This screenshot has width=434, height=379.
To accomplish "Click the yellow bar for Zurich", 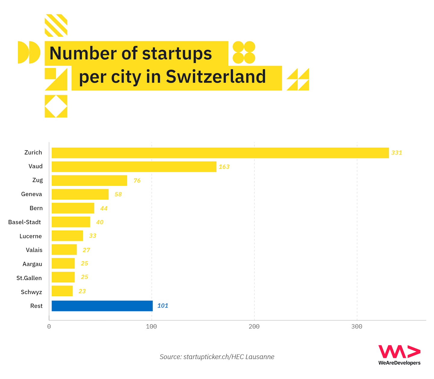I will tap(220, 153).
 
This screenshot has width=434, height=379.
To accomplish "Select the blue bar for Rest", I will tap(102, 306).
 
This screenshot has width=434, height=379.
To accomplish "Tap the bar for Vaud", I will tap(134, 167).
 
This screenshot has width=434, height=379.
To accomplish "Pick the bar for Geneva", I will tap(80, 194).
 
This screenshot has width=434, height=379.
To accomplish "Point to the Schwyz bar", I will tap(62, 291).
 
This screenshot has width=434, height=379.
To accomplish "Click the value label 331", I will tap(397, 153).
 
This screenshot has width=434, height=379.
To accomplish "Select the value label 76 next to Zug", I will tap(137, 180).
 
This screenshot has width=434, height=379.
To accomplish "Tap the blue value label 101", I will tap(163, 306).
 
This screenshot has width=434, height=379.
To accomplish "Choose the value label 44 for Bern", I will tap(104, 208).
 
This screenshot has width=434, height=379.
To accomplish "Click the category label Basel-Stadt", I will tap(24, 222).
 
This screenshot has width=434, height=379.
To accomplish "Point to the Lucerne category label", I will tap(30, 236).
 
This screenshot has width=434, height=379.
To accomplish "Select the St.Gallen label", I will tap(29, 278).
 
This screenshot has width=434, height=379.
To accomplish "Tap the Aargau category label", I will tap(32, 264).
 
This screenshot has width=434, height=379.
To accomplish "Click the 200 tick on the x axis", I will tap(254, 327).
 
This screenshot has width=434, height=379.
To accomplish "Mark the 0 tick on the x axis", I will tap(49, 327).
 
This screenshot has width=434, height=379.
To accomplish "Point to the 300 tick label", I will tap(357, 327).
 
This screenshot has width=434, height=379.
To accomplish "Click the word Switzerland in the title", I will tap(216, 77).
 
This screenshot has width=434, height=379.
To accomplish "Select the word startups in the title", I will tap(177, 53).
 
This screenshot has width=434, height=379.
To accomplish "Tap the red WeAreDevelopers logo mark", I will tap(399, 352).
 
